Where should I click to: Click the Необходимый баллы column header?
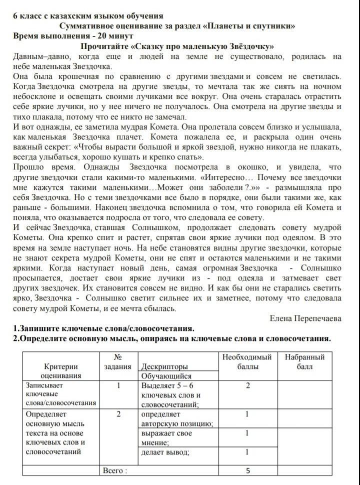click(x=247, y=361)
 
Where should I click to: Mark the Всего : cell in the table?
click(x=115, y=470)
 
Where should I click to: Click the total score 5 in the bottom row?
click(x=247, y=470)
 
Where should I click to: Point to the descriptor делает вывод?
click(x=165, y=452)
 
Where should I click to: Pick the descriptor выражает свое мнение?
click(x=166, y=437)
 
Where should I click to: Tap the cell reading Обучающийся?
click(x=166, y=376)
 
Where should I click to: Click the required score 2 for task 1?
click(x=247, y=385)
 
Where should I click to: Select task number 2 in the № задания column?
click(x=118, y=414)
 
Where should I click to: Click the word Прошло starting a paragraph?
click(x=28, y=167)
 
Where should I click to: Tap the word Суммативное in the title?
click(x=87, y=26)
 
